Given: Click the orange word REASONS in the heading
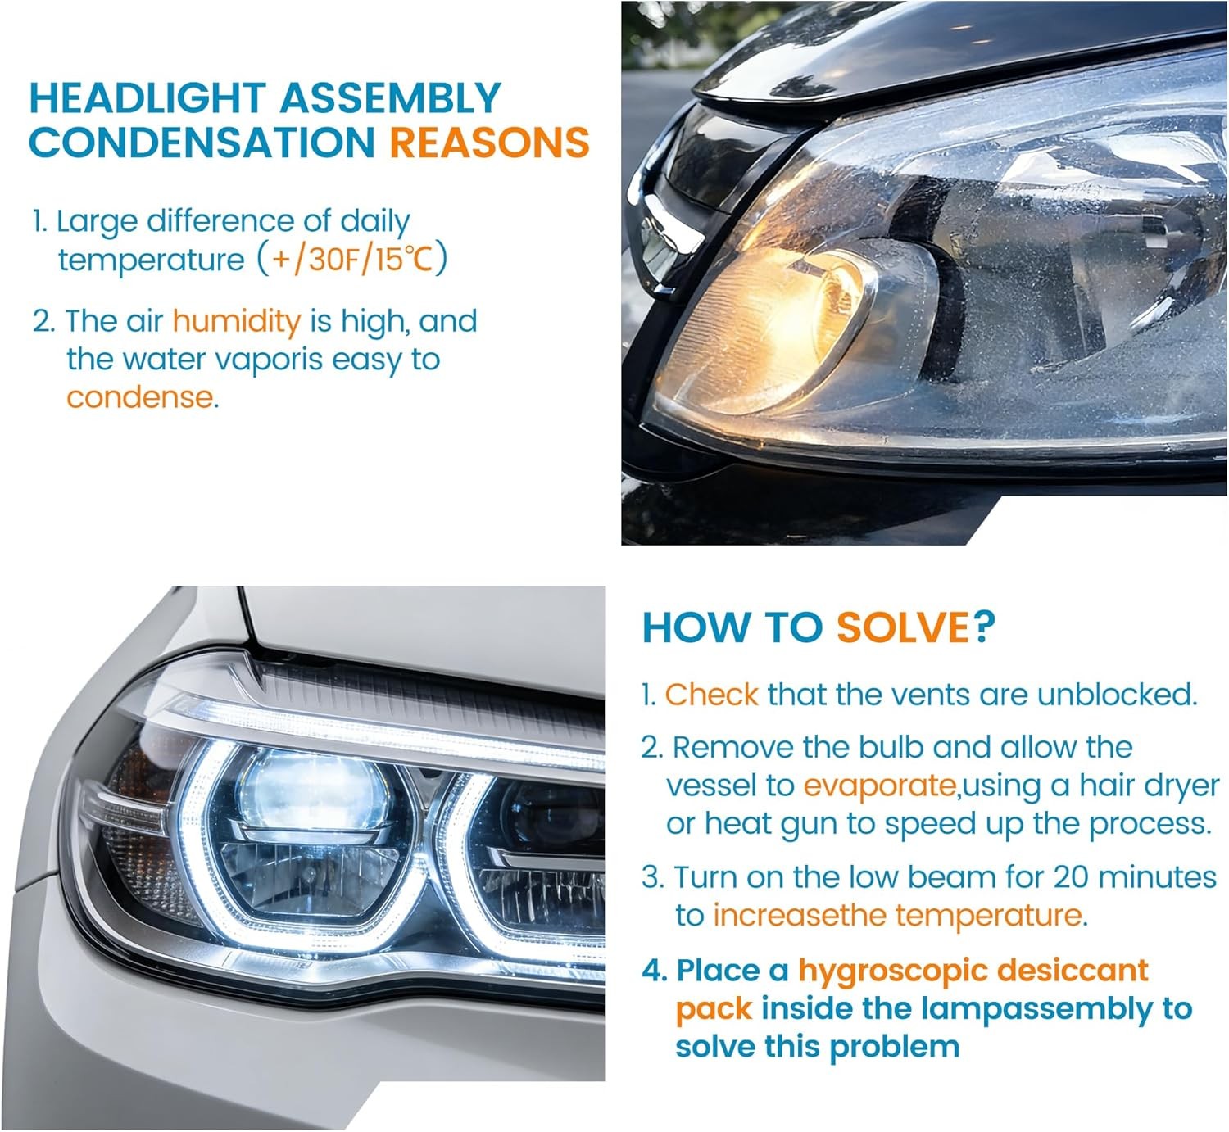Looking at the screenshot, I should (x=489, y=143).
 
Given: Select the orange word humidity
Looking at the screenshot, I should (x=237, y=321).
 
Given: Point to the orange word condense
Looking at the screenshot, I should (x=140, y=397).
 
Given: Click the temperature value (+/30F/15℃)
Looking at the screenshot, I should (x=352, y=260).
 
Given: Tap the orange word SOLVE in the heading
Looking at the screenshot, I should (x=902, y=627).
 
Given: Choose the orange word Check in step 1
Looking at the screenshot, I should (x=711, y=695).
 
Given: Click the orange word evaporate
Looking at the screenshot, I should (x=879, y=786).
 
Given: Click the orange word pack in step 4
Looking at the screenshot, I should (x=713, y=1009).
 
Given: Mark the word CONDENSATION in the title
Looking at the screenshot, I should (x=201, y=143).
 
